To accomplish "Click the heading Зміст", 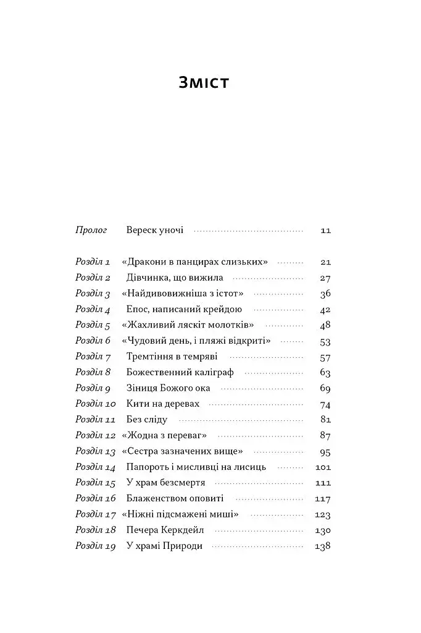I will tap(203, 83).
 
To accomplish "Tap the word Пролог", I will tap(91, 230).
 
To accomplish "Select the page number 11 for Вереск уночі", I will tap(326, 231).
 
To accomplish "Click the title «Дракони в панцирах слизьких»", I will tap(195, 261).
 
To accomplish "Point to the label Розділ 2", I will tap(93, 278).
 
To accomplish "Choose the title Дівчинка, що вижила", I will tap(175, 278).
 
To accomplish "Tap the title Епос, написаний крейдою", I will tap(184, 309).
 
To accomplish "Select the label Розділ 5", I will tap(93, 325).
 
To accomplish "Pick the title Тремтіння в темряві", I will tap(172, 357).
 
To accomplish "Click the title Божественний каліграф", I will tap(180, 373).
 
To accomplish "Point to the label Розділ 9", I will tap(93, 388).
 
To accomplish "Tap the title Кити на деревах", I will tap(162, 404).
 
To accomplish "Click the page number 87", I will tap(325, 436).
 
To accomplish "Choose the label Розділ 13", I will tap(96, 451).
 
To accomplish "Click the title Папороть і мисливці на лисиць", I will tap(196, 467).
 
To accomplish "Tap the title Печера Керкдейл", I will tap(165, 530).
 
